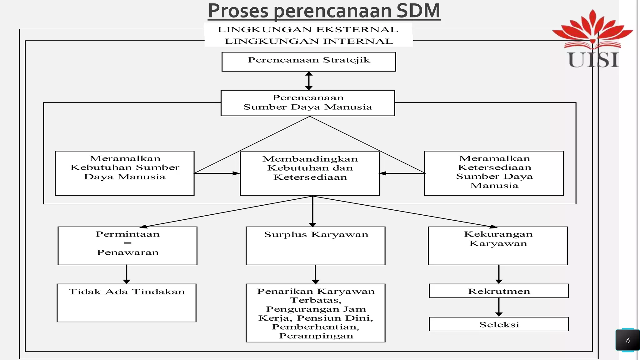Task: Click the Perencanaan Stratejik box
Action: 308,62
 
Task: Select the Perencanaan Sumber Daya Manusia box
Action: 308,103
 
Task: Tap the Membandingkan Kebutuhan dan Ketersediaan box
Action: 310,173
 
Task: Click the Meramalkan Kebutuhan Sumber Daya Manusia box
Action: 125,173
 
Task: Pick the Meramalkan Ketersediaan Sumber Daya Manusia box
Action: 494,173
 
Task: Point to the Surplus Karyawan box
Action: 316,246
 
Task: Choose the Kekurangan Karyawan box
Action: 498,246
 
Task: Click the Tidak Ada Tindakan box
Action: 127,302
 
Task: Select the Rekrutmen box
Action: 499,291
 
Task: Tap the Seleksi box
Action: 499,324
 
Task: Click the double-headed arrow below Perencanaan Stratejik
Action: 309,81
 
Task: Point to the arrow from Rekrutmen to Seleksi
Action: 499,307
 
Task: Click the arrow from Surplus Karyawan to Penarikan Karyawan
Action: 316,274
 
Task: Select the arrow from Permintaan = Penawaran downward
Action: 127,274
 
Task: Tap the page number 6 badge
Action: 627,340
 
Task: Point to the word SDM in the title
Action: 418,11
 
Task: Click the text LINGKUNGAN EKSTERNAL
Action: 308,30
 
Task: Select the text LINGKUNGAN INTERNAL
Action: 309,41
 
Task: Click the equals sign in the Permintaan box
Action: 127,243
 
